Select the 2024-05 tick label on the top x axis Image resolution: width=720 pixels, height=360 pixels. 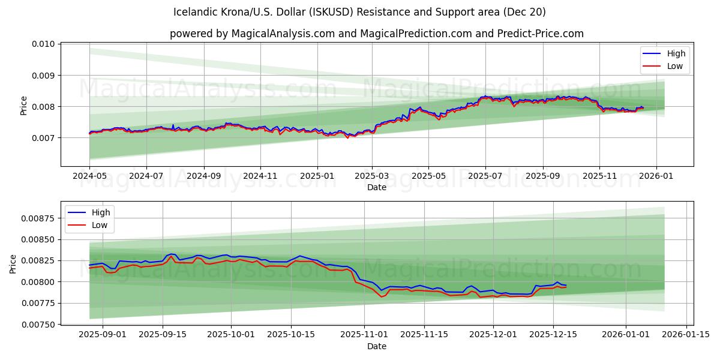tap(89, 177)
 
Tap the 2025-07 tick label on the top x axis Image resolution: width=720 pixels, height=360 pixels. tap(485, 177)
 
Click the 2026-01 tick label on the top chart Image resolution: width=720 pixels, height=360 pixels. tap(656, 177)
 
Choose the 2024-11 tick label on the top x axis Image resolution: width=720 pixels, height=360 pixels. tap(260, 177)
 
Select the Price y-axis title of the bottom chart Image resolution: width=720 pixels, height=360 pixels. tap(14, 263)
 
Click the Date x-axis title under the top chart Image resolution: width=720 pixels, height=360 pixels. tap(377, 188)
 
